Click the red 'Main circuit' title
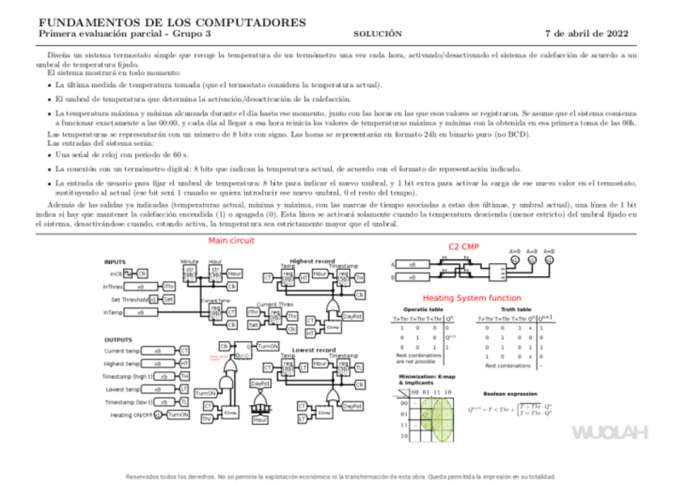231,241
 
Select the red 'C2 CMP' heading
464,245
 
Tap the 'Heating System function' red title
472,298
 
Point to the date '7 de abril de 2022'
585,34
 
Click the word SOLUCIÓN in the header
379,34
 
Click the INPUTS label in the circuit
115,262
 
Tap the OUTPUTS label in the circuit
119,339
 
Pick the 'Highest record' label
313,261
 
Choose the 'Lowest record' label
313,350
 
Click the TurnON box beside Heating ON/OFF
177,415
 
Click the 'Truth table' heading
515,310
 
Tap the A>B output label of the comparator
514,251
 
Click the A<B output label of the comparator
549,251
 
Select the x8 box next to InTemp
141,313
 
